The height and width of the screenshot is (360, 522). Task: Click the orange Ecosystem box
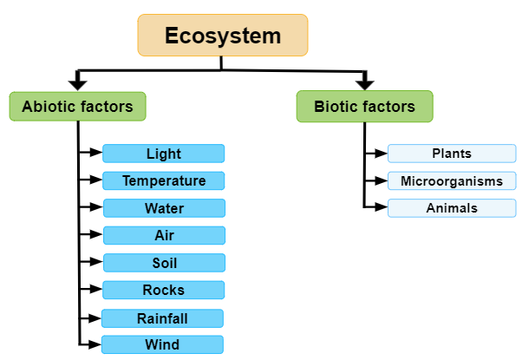(223, 36)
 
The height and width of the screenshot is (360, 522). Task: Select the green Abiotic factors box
(77, 107)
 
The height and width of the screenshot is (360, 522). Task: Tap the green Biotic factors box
(364, 107)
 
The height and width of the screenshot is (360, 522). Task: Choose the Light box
(164, 154)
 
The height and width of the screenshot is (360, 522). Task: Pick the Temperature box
(164, 180)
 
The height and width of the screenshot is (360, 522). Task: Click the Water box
(164, 208)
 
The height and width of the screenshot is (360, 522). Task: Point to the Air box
(164, 235)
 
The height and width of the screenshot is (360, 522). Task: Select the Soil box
(164, 262)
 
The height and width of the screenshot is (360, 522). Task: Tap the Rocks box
(164, 290)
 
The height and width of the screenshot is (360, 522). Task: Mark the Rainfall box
(164, 317)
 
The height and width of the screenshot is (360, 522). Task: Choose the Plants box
(451, 154)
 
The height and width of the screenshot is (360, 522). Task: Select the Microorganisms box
(451, 180)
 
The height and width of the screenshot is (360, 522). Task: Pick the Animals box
(451, 208)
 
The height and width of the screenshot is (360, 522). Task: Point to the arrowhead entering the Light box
(96, 154)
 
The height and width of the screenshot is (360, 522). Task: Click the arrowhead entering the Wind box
(95, 344)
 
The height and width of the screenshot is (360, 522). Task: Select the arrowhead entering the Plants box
(382, 154)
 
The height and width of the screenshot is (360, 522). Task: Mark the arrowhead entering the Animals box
(382, 208)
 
